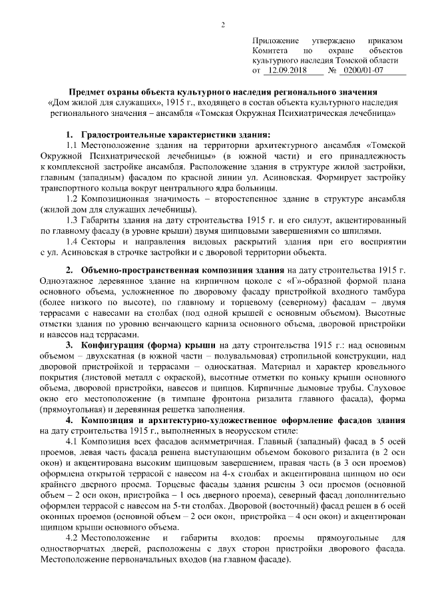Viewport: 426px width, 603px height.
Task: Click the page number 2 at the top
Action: [x=224, y=25]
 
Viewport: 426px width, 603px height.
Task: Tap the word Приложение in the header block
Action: [x=274, y=41]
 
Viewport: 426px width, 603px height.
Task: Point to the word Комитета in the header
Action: [x=270, y=51]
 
